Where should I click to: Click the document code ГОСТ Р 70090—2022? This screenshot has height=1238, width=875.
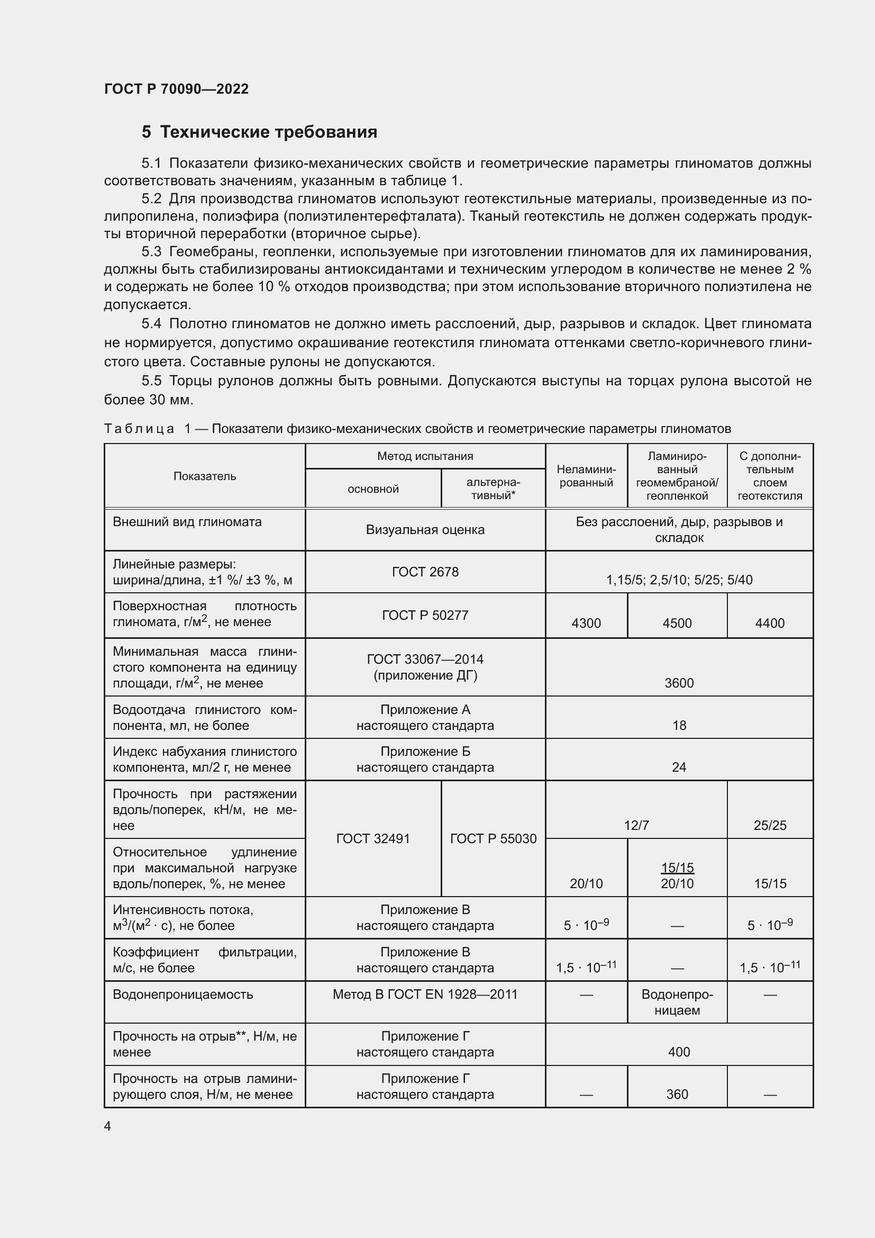tap(176, 89)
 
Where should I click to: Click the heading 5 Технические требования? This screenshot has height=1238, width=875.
tap(259, 132)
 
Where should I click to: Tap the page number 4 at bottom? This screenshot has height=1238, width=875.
tap(107, 1126)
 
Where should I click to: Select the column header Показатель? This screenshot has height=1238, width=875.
tap(205, 476)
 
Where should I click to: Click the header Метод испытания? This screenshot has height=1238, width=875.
tap(425, 456)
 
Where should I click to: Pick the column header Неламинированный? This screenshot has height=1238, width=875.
tap(586, 476)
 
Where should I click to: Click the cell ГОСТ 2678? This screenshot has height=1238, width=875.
tap(425, 572)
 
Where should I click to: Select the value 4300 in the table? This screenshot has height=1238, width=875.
tap(586, 623)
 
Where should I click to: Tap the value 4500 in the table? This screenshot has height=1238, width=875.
tap(677, 623)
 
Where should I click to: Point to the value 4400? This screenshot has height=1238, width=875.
tap(769, 623)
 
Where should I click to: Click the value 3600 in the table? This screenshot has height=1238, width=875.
tap(679, 683)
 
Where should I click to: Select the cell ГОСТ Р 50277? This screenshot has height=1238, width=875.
tap(425, 615)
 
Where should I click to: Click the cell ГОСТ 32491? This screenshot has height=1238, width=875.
tap(373, 838)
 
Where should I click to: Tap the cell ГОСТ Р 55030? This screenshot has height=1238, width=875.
tap(493, 838)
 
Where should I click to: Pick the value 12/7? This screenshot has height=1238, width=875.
tap(636, 825)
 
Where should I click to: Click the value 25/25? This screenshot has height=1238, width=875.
tap(769, 825)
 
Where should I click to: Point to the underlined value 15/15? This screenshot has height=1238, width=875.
tap(677, 867)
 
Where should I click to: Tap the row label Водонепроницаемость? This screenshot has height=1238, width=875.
tap(183, 995)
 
